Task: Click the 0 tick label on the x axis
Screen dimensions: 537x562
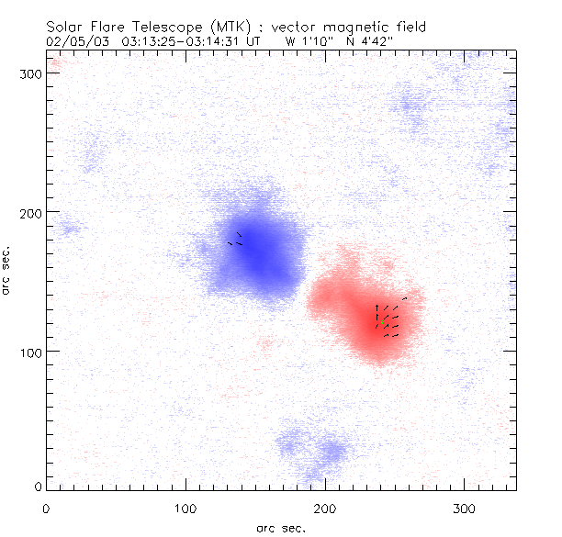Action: [46, 508]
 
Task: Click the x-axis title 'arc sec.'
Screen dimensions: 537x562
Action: [279, 528]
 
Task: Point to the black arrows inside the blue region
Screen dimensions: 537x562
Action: [235, 241]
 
